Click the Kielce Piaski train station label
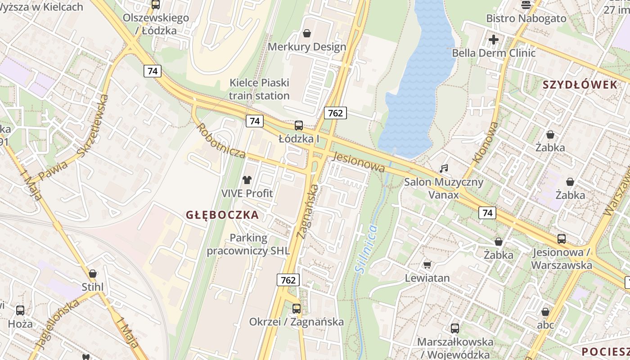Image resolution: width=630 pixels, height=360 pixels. click(x=259, y=89)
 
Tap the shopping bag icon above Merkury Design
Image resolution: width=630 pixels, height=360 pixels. click(x=307, y=33)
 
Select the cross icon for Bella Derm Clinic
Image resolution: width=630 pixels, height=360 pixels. click(x=494, y=40)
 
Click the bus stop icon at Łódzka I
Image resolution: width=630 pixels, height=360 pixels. click(x=298, y=126)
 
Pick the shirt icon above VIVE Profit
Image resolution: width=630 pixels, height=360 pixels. click(x=247, y=180)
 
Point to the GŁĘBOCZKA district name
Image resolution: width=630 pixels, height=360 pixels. click(x=222, y=215)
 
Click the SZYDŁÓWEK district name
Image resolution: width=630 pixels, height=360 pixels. click(x=580, y=85)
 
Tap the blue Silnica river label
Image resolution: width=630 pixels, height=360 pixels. click(x=365, y=248)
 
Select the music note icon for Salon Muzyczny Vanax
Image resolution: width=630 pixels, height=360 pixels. click(x=444, y=169)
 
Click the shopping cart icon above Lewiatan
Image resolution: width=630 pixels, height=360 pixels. click(x=427, y=265)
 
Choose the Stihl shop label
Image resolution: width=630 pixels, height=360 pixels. click(x=92, y=287)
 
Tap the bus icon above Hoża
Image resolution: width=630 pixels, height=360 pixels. click(x=20, y=310)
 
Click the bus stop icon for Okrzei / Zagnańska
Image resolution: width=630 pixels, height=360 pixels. click(x=296, y=309)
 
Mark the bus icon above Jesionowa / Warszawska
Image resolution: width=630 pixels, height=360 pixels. click(x=561, y=239)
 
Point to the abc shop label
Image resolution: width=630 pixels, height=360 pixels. click(x=545, y=325)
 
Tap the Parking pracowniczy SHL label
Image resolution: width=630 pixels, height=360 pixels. click(x=248, y=244)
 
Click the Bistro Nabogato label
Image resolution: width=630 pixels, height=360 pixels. click(x=526, y=18)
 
